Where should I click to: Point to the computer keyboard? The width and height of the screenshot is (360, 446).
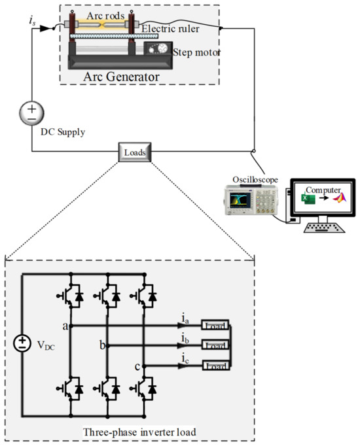(323, 228)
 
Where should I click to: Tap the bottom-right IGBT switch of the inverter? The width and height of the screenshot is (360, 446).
(146, 389)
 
